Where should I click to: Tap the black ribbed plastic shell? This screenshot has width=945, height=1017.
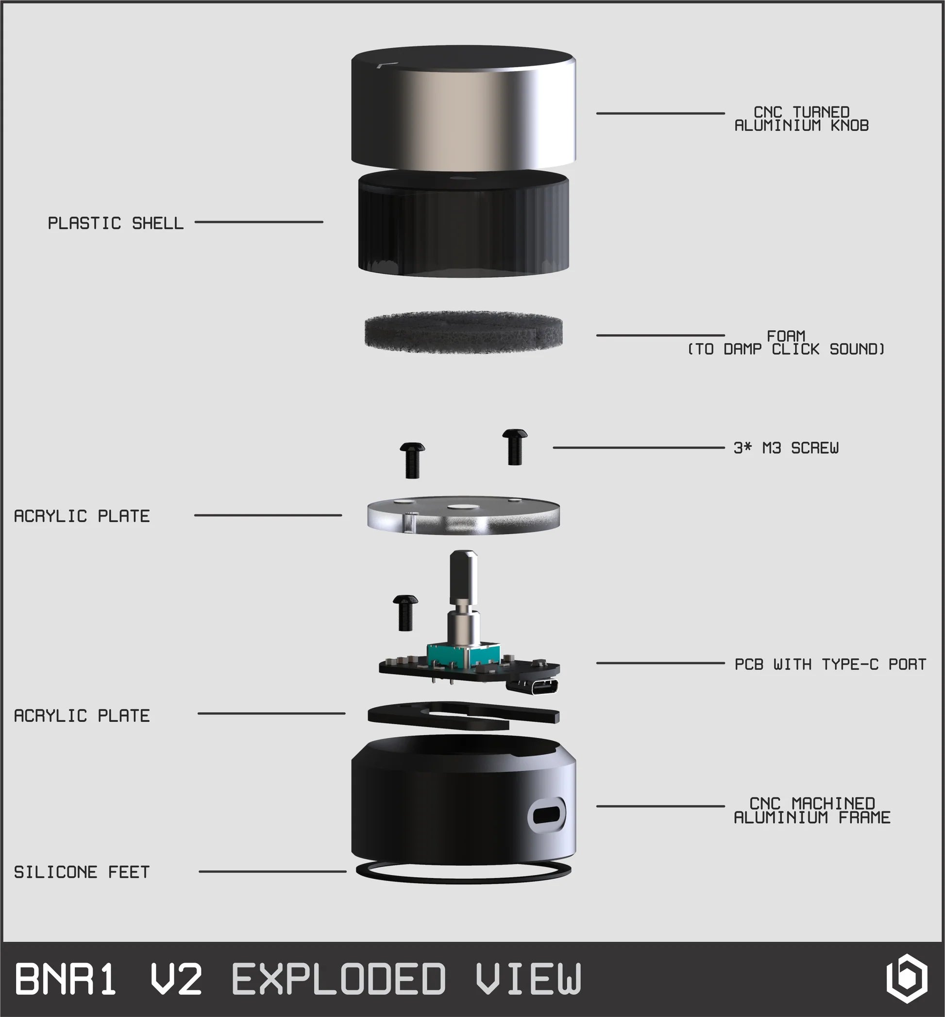[463, 224]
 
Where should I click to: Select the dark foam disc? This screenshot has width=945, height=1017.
[463, 332]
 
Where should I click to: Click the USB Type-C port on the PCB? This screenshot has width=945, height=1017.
[533, 686]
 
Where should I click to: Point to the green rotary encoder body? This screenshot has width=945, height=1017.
[463, 657]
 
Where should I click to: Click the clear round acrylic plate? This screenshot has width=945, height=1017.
[463, 515]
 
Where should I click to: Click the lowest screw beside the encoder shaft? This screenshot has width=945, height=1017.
[405, 612]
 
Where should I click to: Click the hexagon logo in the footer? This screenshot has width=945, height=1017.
[906, 978]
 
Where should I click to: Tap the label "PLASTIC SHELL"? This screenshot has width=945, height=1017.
[116, 223]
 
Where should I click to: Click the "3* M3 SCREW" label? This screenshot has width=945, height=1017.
[786, 448]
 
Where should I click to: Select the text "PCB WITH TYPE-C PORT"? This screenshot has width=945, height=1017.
[830, 664]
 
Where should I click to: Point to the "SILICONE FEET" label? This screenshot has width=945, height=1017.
[82, 872]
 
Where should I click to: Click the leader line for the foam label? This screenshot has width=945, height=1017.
[660, 336]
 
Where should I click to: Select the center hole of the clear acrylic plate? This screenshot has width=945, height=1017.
[463, 507]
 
